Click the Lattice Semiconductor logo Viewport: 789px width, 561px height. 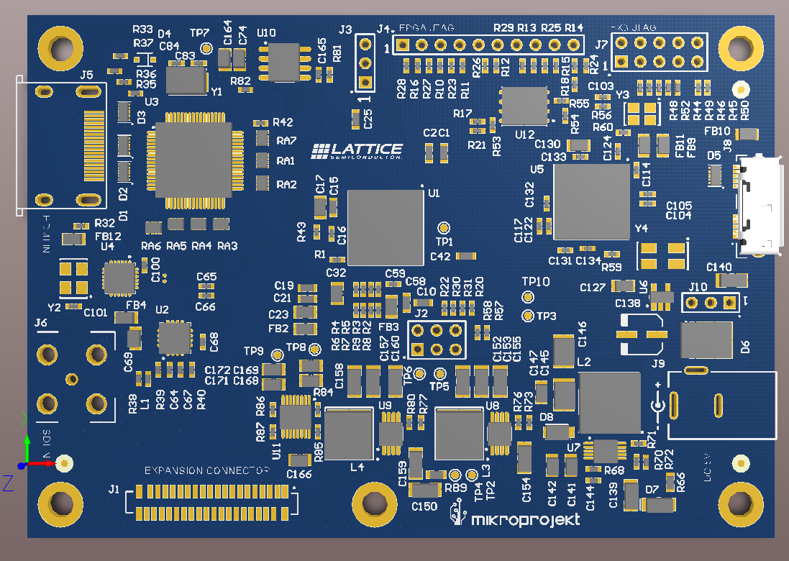(357, 150)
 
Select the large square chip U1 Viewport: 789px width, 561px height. (385, 227)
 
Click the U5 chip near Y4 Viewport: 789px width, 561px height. (591, 201)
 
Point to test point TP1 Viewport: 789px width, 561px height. (444, 226)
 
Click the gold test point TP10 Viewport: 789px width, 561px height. (528, 297)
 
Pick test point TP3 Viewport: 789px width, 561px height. (528, 315)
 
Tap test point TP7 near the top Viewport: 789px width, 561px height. (206, 48)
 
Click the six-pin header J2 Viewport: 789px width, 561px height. (436, 339)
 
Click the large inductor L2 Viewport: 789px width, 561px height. (609, 403)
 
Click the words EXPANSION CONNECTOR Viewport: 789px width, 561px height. (207, 471)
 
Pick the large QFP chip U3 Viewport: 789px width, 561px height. (194, 160)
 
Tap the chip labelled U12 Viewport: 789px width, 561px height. (524, 107)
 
